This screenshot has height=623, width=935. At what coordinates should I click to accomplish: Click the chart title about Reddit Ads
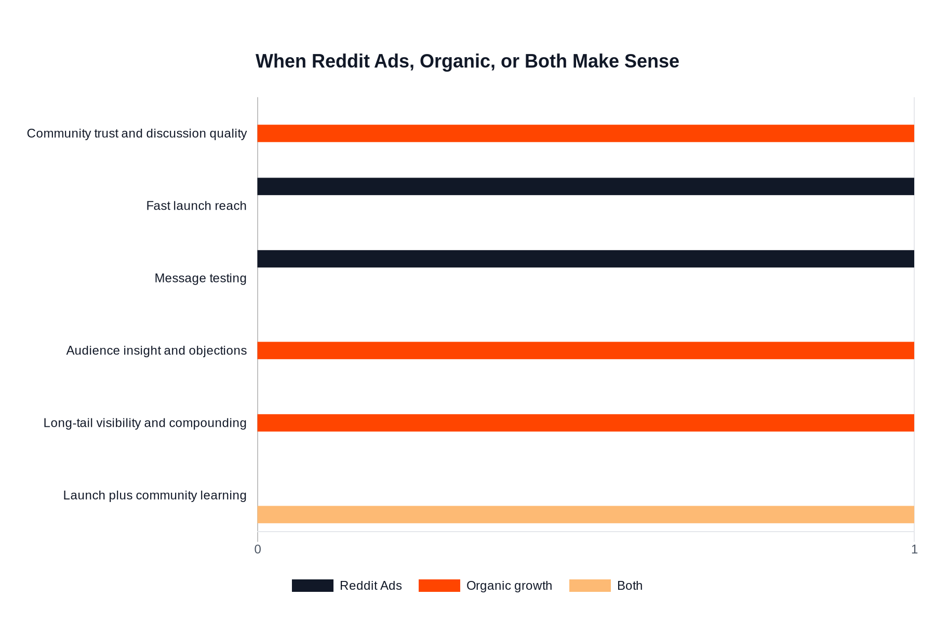[x=467, y=61]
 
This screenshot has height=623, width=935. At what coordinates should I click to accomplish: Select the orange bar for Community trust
[x=585, y=133]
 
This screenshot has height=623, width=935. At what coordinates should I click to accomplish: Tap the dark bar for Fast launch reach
[x=585, y=186]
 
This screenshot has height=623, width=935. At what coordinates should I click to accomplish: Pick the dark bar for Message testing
[x=585, y=259]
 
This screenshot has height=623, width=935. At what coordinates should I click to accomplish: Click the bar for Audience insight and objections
[x=585, y=350]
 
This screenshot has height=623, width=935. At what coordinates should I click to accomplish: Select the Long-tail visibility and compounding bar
[x=585, y=423]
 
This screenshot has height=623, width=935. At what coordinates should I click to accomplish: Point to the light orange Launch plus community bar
[x=585, y=514]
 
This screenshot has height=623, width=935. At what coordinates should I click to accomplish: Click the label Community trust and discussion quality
[x=137, y=133]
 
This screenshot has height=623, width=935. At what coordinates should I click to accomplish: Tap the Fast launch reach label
[x=196, y=206]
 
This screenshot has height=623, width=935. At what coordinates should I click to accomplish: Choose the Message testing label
[x=201, y=278]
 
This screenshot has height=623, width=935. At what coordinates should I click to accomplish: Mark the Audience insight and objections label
[x=156, y=350]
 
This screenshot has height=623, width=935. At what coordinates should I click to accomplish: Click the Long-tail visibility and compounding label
[x=145, y=423]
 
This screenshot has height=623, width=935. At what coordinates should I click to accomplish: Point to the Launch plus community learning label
[x=155, y=495]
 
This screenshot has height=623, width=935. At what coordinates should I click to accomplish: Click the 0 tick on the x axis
[x=258, y=549]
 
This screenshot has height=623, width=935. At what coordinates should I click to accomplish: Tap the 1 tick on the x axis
[x=914, y=549]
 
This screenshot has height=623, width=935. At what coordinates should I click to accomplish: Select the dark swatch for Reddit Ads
[x=312, y=586]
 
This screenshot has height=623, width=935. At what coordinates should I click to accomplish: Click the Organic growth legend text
[x=509, y=586]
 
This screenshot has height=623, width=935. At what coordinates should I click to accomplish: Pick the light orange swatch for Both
[x=590, y=586]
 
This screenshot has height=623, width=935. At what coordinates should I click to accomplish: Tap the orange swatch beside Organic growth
[x=439, y=586]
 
